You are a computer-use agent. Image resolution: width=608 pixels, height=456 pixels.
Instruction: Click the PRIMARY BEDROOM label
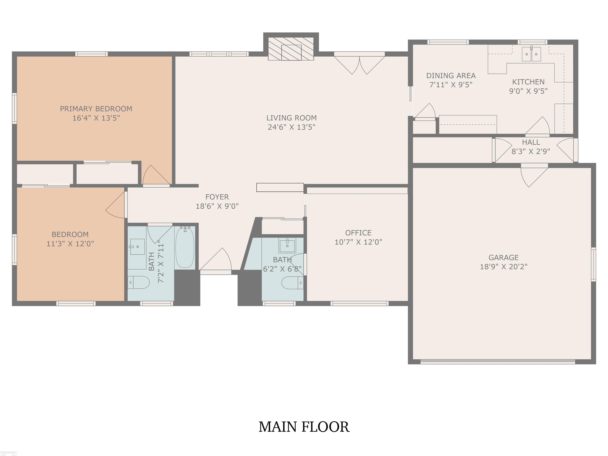[96, 109]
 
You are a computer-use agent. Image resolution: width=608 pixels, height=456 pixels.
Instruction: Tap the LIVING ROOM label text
[291, 118]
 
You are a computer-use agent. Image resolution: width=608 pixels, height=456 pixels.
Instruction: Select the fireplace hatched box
[291, 49]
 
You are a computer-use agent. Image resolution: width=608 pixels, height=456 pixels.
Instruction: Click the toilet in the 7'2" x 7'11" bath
[139, 282]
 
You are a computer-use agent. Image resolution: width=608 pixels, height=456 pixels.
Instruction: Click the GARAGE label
[503, 257]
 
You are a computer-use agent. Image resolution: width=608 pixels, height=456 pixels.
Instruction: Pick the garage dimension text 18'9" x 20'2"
[503, 267]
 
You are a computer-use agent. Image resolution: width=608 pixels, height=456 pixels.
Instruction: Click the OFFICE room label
[358, 233]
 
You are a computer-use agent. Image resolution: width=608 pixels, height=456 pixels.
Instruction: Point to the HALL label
[531, 142]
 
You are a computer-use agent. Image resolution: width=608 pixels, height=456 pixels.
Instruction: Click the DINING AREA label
[451, 76]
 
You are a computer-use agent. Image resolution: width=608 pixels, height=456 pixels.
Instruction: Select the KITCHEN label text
[528, 82]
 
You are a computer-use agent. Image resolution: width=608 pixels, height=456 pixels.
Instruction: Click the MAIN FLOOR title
[304, 427]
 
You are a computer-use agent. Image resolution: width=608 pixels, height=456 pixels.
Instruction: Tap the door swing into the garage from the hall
[534, 176]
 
